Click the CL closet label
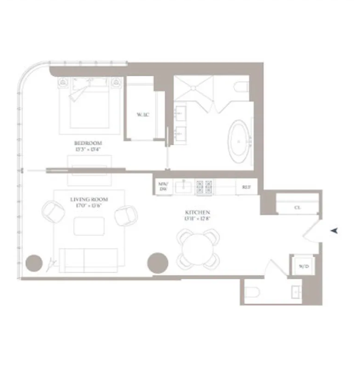click(298, 207)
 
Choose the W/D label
click(302, 266)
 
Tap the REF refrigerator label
click(246, 187)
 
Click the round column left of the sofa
click(34, 264)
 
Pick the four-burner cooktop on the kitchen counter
click(205, 186)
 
